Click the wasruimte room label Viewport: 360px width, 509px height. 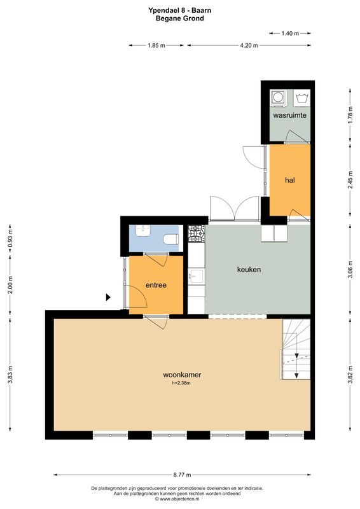point(290,116)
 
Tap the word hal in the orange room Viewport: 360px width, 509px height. point(290,180)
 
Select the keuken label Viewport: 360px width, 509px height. point(249,269)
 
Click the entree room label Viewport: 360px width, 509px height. point(156,285)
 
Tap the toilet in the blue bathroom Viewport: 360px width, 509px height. point(170,239)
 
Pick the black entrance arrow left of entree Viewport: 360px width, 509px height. point(108,297)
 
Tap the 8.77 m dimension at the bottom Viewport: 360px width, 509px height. point(181,475)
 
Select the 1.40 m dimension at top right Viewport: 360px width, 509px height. point(289,33)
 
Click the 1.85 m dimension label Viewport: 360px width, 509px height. point(156,45)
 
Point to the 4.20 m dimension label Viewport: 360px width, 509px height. point(249,45)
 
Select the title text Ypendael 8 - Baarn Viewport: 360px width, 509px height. point(180,10)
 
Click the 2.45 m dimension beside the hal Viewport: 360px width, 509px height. point(350,180)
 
